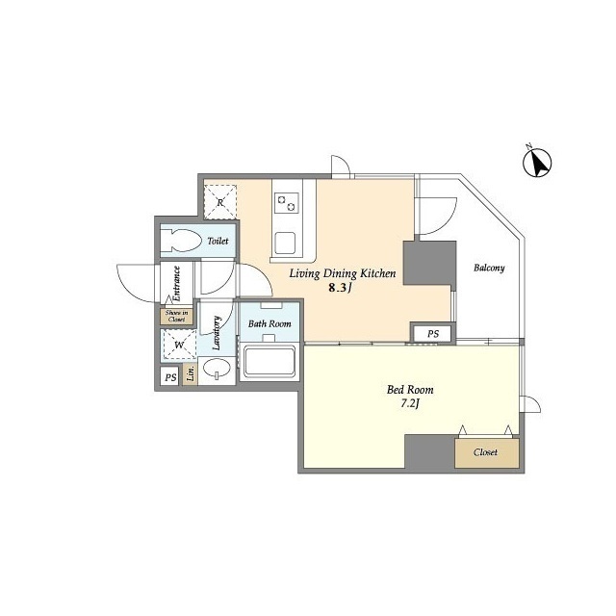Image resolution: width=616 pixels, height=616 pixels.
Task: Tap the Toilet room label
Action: [218, 241]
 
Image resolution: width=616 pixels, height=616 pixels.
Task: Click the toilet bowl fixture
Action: [180, 241]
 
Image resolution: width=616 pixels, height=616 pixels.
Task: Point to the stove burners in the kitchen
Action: [287, 202]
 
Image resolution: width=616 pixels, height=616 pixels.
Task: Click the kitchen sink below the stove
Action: [287, 241]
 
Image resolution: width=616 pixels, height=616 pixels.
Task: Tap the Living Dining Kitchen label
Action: [343, 273]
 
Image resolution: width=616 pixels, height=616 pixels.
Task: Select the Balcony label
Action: [489, 268]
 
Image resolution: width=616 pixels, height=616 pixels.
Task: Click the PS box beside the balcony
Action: [433, 333]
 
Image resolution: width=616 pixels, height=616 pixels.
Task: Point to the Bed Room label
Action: [410, 390]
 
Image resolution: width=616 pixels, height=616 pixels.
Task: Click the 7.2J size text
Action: [410, 404]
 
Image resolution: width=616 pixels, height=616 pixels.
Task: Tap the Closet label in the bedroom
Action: [485, 451]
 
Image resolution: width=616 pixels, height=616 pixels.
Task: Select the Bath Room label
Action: [269, 324]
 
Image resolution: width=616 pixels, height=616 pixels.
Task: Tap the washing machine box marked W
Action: [178, 344]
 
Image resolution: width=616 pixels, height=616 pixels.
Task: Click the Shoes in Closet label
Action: [176, 315]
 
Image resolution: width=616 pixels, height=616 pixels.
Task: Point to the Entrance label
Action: [177, 283]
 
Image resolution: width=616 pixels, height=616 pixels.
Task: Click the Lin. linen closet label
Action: [191, 374]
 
